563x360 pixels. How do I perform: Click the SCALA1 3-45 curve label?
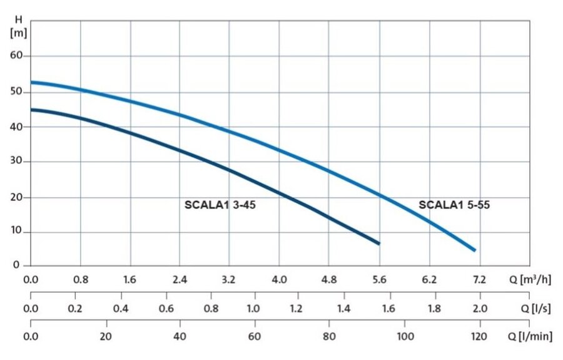pos(220,204)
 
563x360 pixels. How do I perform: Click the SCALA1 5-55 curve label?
pos(459,204)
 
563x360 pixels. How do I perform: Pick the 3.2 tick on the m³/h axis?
pos(229,279)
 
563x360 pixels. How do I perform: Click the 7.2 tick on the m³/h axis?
pos(479,279)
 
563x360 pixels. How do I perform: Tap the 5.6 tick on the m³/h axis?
pos(380,279)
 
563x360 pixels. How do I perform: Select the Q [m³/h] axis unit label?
pos(529,279)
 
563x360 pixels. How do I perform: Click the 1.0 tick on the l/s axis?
pos(253,308)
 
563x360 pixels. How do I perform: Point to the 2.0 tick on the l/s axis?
pos(479,308)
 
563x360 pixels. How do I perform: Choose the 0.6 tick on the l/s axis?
pos(166,308)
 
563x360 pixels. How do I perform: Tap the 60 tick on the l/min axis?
pos(255,337)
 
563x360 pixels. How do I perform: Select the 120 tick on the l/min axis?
pos(479,337)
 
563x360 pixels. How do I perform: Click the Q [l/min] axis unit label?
pos(530,337)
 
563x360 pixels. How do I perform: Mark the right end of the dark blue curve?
pos(378,243)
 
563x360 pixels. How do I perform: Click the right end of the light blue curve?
pos(474,250)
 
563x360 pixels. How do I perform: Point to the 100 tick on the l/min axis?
pos(405,337)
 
